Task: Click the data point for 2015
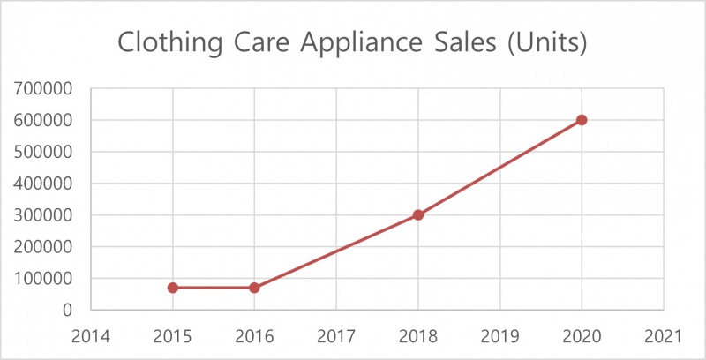coord(172,288)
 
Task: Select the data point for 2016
coord(254,288)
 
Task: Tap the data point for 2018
coord(418,214)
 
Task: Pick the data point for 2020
coord(582,120)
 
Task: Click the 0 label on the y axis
coord(66,311)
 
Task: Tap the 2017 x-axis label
coord(336,336)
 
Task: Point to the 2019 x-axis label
coord(500,336)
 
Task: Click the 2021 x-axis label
coord(664,336)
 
